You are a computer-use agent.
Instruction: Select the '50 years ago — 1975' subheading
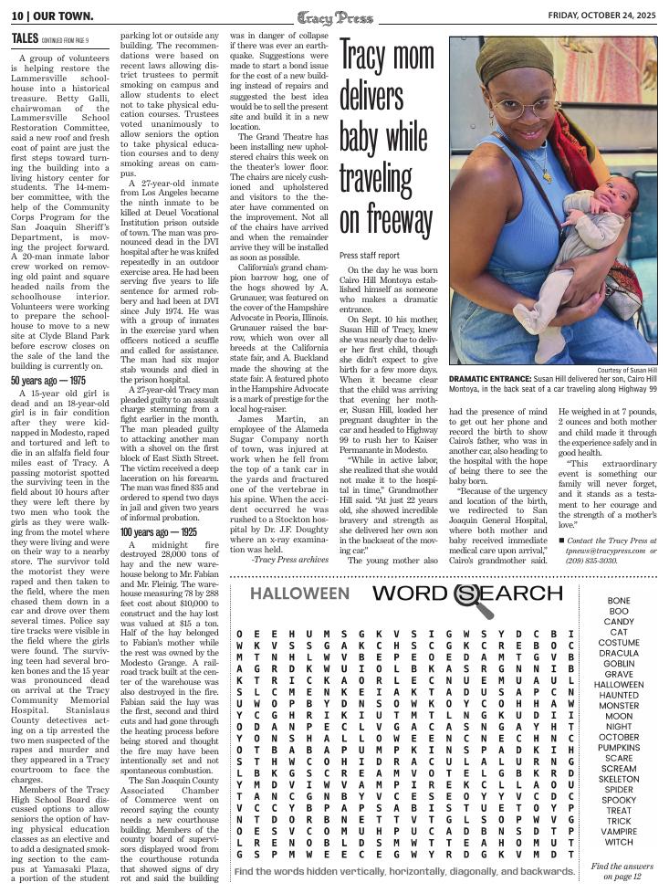pos(48,380)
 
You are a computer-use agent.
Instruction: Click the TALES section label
pos(25,38)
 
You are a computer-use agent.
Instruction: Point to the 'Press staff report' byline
pos(370,256)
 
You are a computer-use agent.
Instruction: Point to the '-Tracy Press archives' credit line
pos(291,559)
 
